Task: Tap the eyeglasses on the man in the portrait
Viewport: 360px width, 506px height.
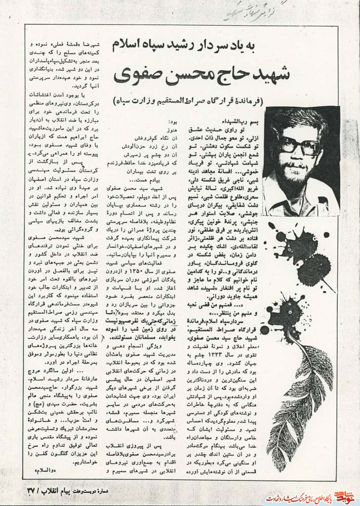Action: pos(302,146)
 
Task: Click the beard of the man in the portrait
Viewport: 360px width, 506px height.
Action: pos(300,170)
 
